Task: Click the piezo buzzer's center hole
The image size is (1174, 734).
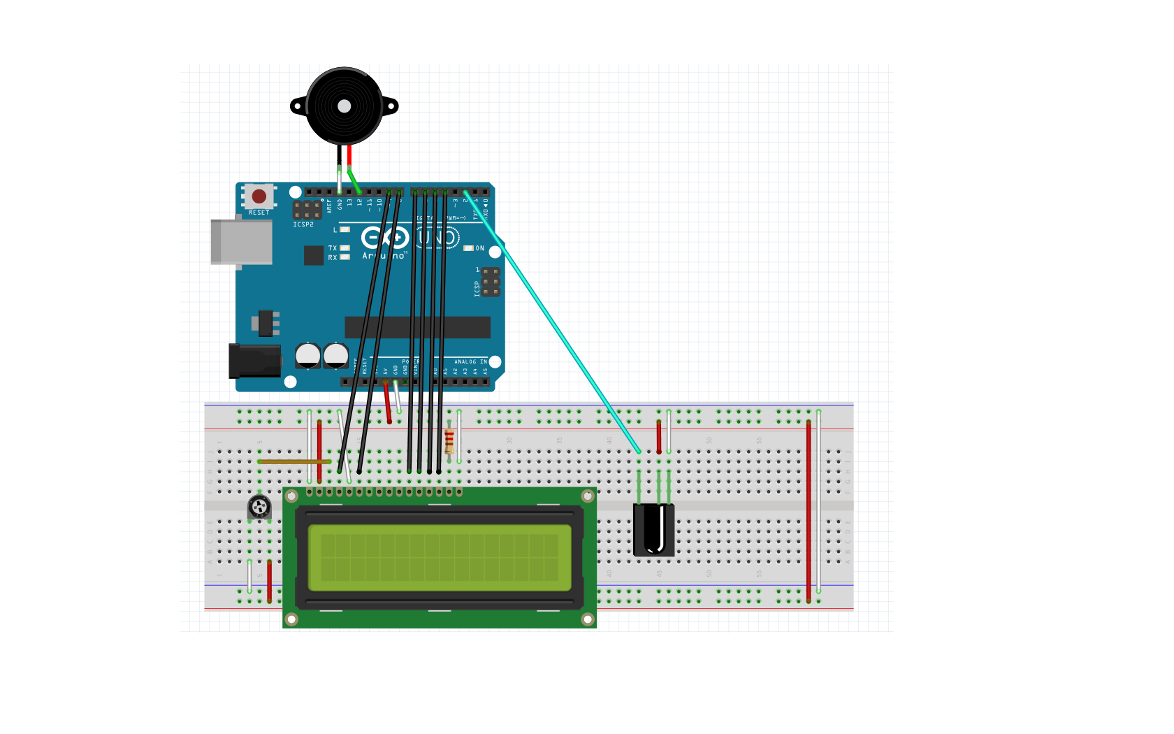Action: coord(344,106)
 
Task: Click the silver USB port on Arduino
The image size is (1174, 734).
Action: coord(242,242)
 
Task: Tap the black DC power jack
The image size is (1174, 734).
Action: coord(254,361)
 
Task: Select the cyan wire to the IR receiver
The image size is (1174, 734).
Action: coord(552,322)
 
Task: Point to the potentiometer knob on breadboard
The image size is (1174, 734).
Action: coord(259,506)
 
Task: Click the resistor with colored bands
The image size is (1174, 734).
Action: coord(449,442)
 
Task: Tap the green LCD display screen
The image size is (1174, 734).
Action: coord(440,558)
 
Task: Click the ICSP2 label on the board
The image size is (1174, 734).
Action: coord(303,225)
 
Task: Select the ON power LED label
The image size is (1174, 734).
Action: coord(479,248)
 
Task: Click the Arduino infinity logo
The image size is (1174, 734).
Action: coord(385,238)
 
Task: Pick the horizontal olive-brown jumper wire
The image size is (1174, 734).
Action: coord(293,461)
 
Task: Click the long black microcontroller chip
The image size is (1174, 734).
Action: coord(417,326)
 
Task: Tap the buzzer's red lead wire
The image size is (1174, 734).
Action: coord(349,155)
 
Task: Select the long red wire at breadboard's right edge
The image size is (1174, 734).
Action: coord(809,510)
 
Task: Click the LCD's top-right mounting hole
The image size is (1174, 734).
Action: coord(588,496)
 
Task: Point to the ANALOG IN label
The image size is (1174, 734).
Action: coord(469,362)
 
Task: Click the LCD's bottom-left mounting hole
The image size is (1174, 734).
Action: coord(292,619)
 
